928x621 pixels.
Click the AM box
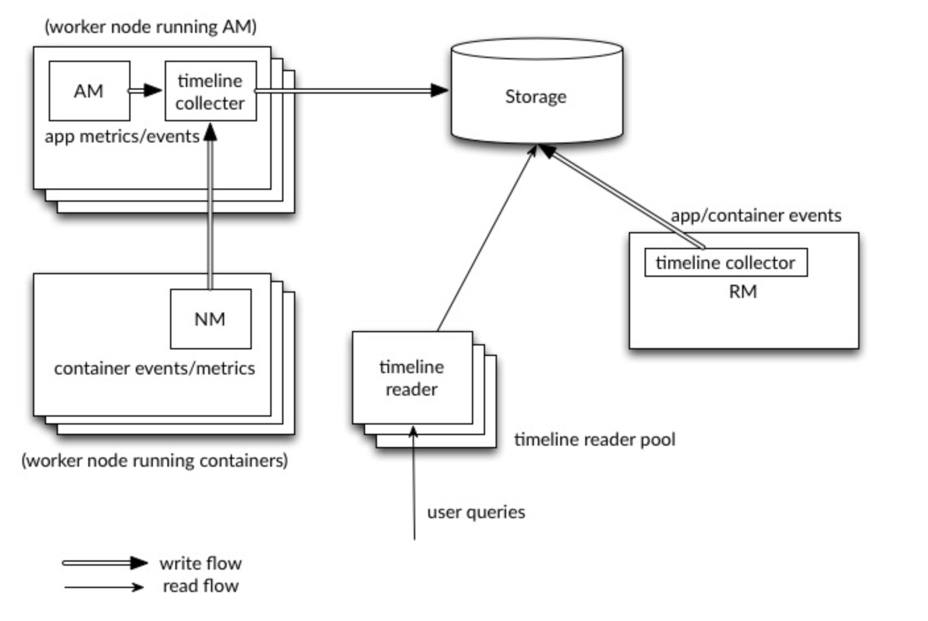[x=89, y=91]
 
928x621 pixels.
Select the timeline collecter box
[x=210, y=92]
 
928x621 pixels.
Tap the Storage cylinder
[x=536, y=96]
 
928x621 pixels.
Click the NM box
[x=210, y=319]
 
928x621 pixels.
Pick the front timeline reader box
[x=412, y=378]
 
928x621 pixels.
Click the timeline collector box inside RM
[x=725, y=263]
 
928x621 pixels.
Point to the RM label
[x=743, y=292]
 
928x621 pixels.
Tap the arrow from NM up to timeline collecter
[x=210, y=211]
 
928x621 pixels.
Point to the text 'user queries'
[x=476, y=512]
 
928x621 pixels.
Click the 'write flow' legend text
[x=200, y=564]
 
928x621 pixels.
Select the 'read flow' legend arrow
[x=104, y=587]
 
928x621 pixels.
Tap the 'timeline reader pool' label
[x=594, y=440]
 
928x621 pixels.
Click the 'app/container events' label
[x=756, y=216]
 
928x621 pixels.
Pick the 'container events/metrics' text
[x=154, y=369]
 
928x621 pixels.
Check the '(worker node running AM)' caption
[x=150, y=27]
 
